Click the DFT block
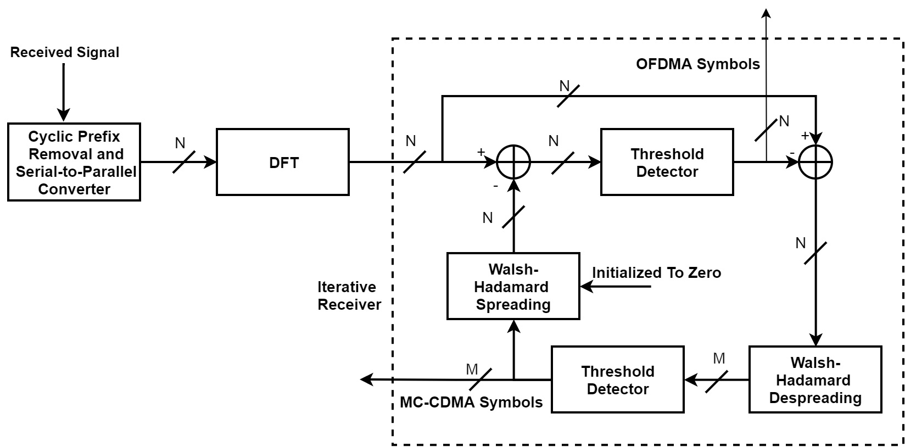pos(283,162)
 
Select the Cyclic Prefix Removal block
pos(74,162)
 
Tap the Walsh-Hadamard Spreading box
pos(513,286)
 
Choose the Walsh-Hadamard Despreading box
pos(815,379)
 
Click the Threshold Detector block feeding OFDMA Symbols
pos(667,162)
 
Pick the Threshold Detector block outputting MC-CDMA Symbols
pos(618,379)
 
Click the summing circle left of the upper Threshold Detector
pos(513,162)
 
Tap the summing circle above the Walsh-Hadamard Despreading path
pos(815,162)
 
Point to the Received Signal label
pos(65,52)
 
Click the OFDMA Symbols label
pos(698,64)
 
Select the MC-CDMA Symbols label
pos(471,402)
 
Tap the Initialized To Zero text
pos(657,273)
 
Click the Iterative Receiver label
pos(349,295)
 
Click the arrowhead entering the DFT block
pos(210,162)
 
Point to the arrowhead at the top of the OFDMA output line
pos(766,14)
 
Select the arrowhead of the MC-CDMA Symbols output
pos(366,379)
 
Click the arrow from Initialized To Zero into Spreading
pos(615,287)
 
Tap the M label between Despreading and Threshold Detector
pos(719,358)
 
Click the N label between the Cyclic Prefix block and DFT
pos(180,143)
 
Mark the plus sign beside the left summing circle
pos(481,152)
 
